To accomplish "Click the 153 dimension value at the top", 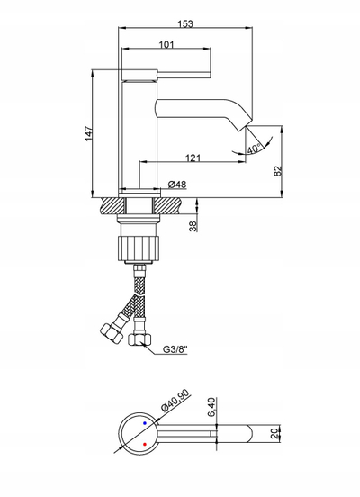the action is coord(185,23).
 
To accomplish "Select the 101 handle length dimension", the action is coord(166,45).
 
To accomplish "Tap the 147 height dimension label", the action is coord(89,133).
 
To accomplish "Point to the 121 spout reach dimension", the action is coord(193,158).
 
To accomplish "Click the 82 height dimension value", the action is coord(277,171).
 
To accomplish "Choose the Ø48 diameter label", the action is coord(177,185).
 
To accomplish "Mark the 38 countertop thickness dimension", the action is coord(193,226).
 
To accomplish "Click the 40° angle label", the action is coord(254,149).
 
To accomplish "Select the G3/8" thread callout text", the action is coord(175,349).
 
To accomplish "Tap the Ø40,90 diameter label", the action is coord(175,400).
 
